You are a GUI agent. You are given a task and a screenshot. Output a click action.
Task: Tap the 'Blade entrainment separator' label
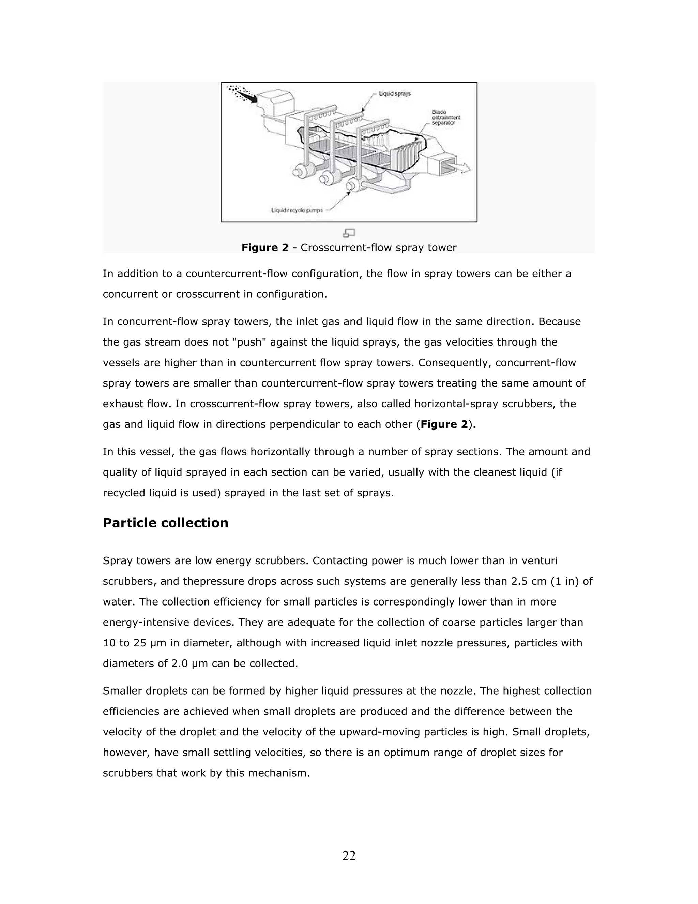click(x=446, y=118)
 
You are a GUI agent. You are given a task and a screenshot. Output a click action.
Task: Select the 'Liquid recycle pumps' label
click(x=297, y=210)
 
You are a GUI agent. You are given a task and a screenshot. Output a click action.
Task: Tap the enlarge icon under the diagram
click(x=349, y=233)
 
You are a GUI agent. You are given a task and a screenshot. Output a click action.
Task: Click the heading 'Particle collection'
click(x=165, y=523)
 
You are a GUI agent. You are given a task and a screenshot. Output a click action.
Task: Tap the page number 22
click(x=349, y=856)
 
